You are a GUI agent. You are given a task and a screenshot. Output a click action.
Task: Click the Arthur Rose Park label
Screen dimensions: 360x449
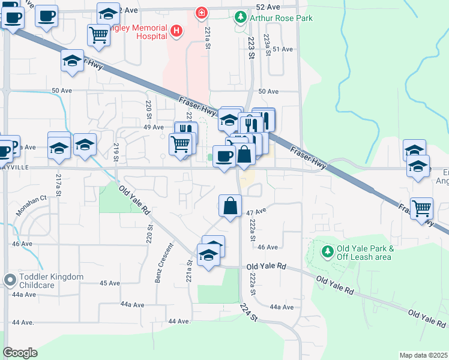pyautogui.click(x=281, y=18)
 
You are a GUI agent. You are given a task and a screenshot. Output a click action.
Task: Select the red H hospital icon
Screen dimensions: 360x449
pyautogui.click(x=176, y=31)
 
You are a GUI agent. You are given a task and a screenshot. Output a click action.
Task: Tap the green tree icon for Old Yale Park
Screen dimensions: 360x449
pyautogui.click(x=327, y=251)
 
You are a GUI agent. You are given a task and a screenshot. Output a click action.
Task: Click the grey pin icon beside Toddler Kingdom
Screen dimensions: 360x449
pyautogui.click(x=9, y=280)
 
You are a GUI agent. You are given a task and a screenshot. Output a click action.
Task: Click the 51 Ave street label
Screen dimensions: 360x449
pyautogui.click(x=282, y=49)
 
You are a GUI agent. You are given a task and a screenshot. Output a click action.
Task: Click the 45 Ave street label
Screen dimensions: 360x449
pyautogui.click(x=110, y=283)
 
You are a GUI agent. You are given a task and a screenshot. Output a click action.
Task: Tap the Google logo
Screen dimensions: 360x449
pyautogui.click(x=20, y=353)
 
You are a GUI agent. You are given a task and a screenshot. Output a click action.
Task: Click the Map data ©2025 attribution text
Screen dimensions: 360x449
pyautogui.click(x=423, y=355)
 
